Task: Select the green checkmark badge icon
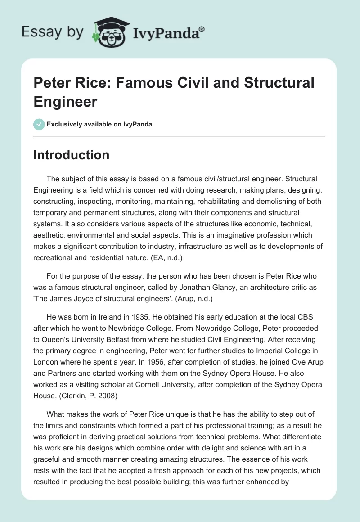pyautogui.click(x=39, y=124)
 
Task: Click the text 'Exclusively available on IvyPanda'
pyautogui.click(x=99, y=124)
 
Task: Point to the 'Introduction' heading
pyautogui.click(x=72, y=155)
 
